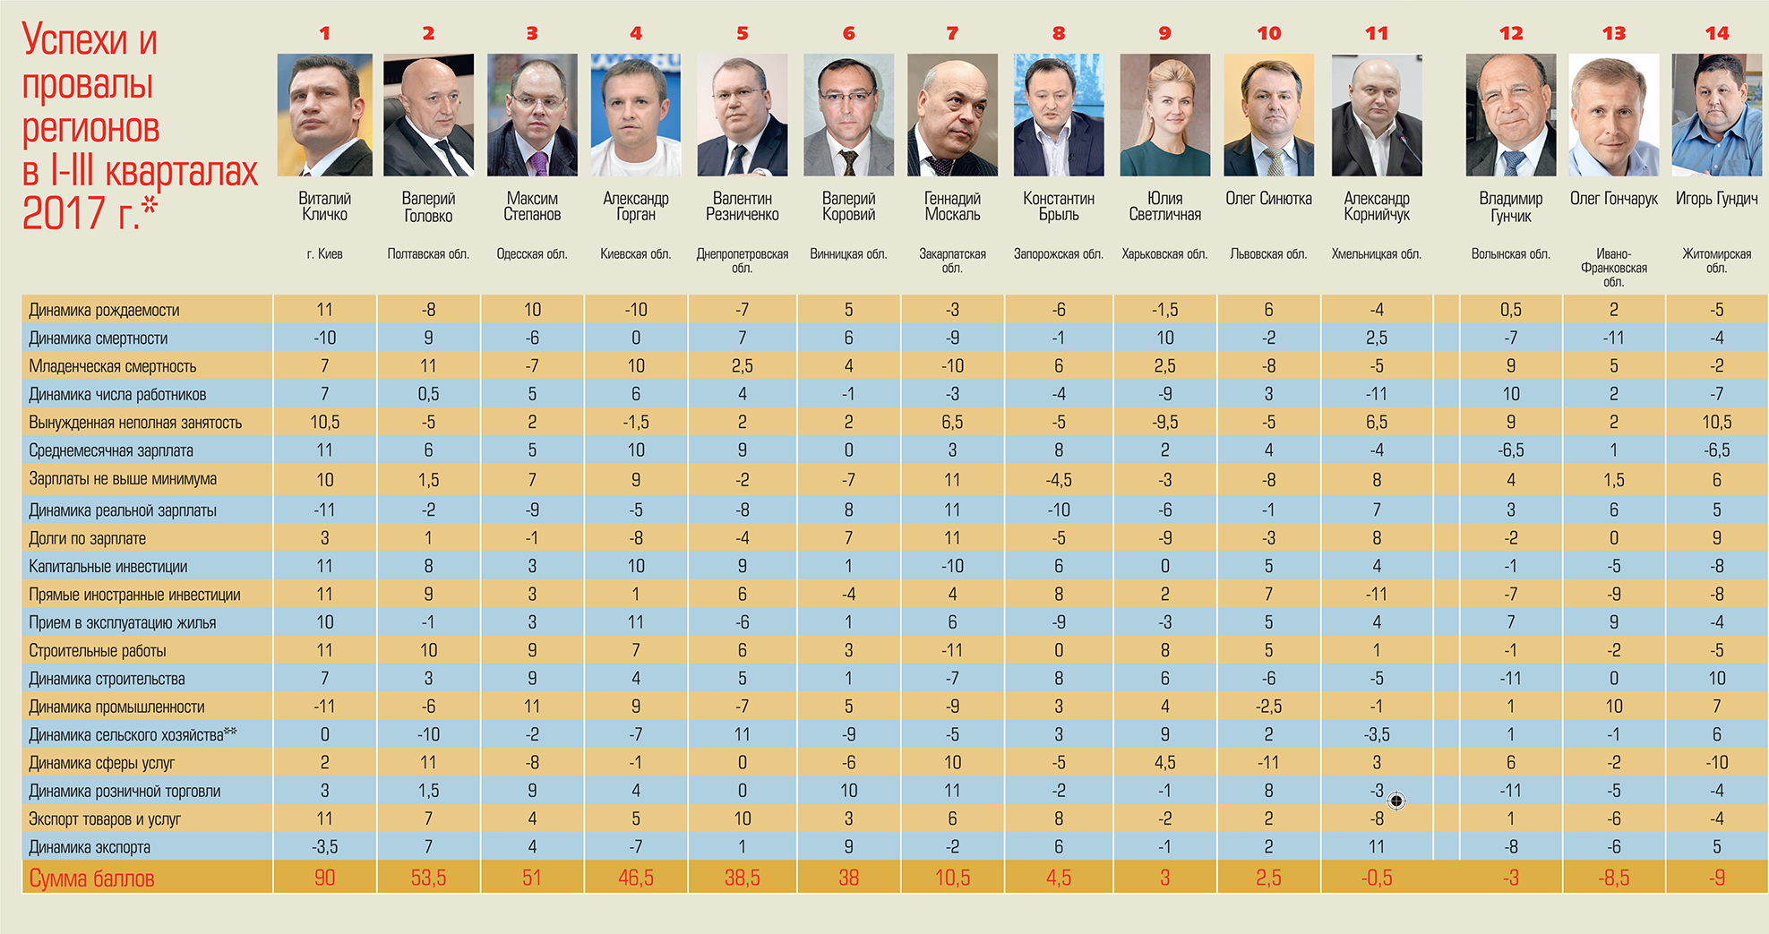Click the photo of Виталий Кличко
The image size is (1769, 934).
coord(324,115)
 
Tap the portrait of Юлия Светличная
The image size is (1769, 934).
coord(1164,115)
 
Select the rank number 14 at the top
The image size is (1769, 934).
coord(1716,33)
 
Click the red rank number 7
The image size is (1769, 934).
coord(952,33)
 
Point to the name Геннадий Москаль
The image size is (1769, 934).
coord(952,206)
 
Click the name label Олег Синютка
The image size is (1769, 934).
coord(1268,199)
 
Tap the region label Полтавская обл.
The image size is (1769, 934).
coord(428,253)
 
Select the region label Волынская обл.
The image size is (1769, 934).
coord(1510,253)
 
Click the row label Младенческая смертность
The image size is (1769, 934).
coord(112,366)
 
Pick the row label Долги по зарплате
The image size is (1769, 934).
coord(87,538)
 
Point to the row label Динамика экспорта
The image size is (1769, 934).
coord(90,847)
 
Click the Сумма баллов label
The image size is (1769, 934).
coord(91,878)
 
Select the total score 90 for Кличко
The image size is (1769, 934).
coord(324,878)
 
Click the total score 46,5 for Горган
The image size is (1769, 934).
coord(635,878)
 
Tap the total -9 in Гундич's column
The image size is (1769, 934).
coord(1716,878)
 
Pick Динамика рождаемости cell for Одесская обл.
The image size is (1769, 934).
coord(532,310)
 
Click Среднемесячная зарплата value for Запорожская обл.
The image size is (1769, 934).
coord(1058,450)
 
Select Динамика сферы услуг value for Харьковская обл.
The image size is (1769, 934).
coord(1164,763)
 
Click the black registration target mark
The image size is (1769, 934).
coord(1395,801)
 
